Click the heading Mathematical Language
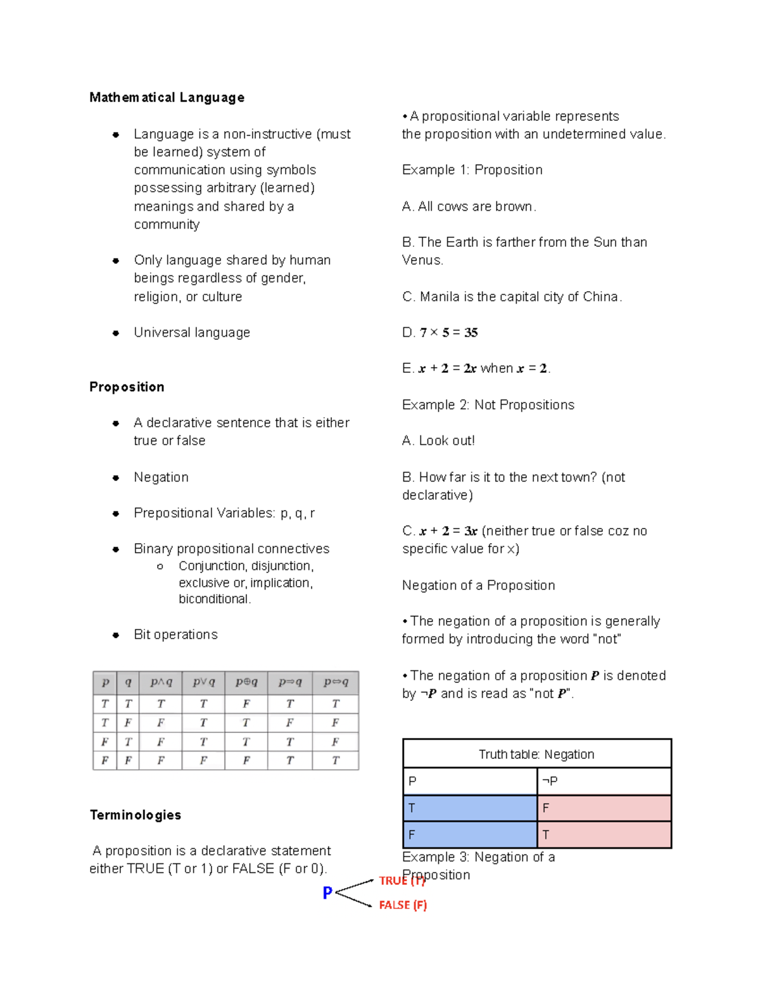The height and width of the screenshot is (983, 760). coord(167,97)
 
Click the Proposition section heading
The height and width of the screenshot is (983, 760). coord(127,387)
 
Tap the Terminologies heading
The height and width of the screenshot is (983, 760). coord(135,815)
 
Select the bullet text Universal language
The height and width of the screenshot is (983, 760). coord(191,332)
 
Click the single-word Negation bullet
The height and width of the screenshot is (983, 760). coord(161,477)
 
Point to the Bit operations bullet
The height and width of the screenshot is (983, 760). coord(175,634)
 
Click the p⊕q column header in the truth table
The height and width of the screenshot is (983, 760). coord(246,682)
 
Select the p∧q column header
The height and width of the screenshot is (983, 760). coord(161,682)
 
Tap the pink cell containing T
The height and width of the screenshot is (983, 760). coord(604,835)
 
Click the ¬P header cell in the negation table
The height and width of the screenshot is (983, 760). coord(604,781)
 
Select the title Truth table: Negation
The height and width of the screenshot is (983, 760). coord(536,754)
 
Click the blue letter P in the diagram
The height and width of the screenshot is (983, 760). coord(327,892)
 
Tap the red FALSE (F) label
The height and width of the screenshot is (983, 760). coord(403,905)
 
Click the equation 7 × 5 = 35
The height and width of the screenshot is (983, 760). coord(448,332)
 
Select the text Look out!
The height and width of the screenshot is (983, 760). coord(446,441)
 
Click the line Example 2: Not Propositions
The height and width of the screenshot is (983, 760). coord(488,404)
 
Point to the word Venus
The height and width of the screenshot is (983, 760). coord(422,260)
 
